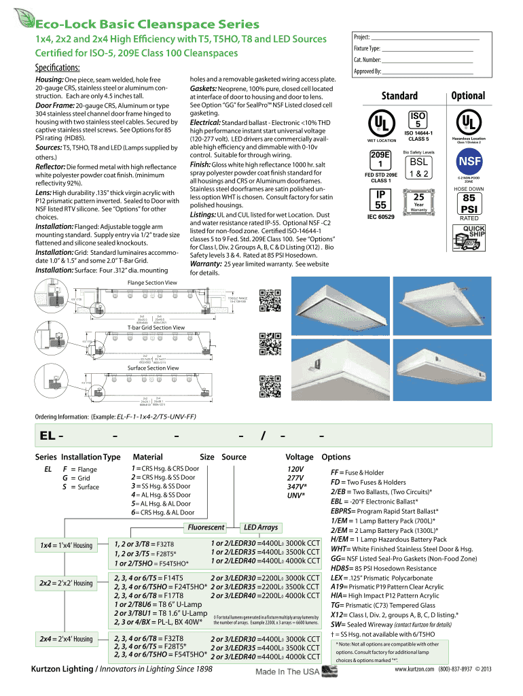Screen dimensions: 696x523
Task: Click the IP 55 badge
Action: pyautogui.click(x=381, y=199)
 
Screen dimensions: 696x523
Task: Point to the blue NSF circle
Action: pyautogui.click(x=468, y=162)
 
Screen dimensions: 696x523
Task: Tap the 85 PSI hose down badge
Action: pyautogui.click(x=468, y=203)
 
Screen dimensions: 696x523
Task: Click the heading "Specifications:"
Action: pyautogui.click(x=58, y=67)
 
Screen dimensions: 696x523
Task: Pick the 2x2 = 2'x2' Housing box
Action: pyautogui.click(x=66, y=583)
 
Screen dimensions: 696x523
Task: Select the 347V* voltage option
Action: pyautogui.click(x=297, y=486)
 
